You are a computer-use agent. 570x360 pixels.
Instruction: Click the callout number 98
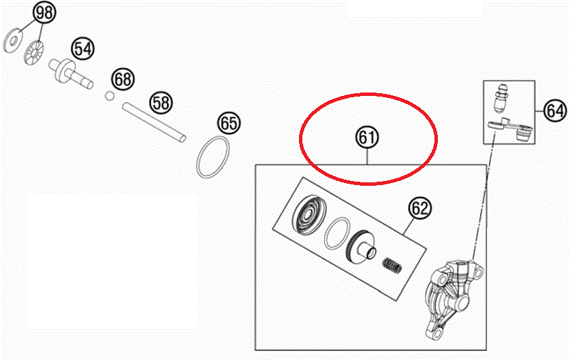pos(44,13)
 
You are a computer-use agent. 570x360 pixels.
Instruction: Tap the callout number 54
pos(82,48)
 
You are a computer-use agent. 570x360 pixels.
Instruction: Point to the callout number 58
pos(161,103)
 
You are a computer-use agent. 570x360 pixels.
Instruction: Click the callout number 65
pos(229,122)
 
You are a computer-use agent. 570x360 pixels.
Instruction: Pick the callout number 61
pos(367,137)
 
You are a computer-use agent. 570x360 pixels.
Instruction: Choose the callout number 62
pos(420,208)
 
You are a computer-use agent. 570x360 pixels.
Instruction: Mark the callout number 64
pos(555,110)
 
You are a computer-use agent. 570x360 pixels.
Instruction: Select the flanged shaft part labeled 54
pos(71,73)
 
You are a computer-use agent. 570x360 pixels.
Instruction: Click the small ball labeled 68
pos(110,96)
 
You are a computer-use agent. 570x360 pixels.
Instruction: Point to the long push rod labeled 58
pos(154,122)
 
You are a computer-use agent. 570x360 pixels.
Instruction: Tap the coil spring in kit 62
pos(393,265)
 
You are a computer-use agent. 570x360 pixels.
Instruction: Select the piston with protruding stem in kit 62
pos(361,246)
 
